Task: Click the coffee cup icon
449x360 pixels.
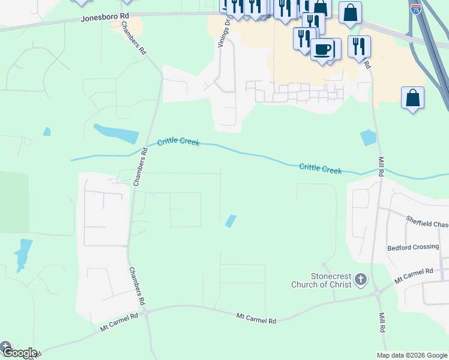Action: point(322,48)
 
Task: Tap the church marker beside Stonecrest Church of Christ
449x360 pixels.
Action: point(360,279)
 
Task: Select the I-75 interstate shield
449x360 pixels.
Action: point(416,9)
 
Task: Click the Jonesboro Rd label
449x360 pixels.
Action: point(104,19)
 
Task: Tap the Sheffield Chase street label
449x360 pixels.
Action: point(427,222)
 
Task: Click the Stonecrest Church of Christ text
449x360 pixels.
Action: point(322,280)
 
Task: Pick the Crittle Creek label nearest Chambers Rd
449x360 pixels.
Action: point(178,143)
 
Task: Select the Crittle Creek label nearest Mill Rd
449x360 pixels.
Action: point(321,169)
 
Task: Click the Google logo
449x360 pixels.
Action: point(19,352)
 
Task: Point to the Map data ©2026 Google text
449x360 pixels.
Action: point(412,355)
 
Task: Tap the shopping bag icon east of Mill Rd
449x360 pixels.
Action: point(412,98)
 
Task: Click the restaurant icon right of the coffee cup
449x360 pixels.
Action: point(359,46)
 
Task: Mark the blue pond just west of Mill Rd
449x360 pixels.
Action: point(368,138)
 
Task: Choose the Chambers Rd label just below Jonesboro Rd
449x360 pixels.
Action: point(134,39)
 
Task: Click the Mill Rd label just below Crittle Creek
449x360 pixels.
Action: point(381,167)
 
